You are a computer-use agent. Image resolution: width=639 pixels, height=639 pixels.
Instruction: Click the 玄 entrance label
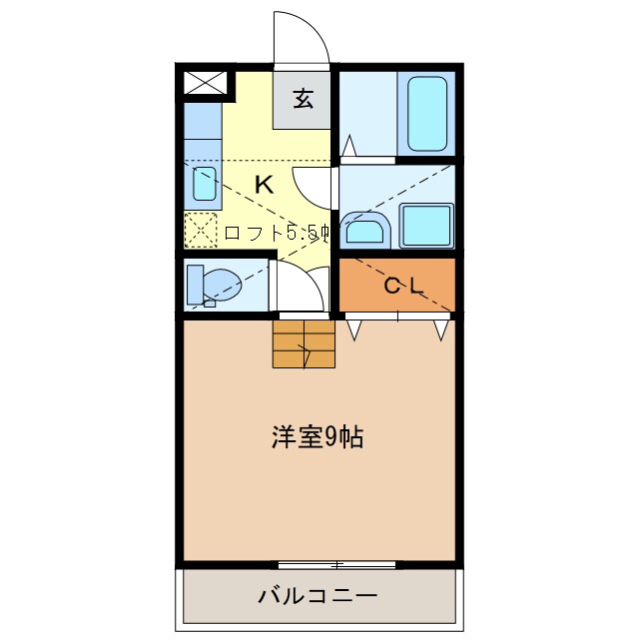(x=303, y=99)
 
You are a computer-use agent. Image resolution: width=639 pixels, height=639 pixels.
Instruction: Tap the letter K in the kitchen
(x=264, y=185)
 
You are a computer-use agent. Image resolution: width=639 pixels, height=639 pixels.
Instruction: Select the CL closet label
(x=404, y=286)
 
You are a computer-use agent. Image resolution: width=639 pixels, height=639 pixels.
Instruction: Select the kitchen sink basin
(x=204, y=184)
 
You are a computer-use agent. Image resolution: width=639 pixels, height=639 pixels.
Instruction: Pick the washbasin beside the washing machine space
(x=362, y=231)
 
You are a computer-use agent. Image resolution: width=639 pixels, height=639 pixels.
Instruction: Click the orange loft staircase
(x=303, y=343)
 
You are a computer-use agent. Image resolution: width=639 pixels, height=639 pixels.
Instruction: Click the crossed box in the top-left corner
(x=204, y=84)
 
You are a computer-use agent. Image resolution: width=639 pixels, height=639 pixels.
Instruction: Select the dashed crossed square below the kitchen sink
(x=201, y=231)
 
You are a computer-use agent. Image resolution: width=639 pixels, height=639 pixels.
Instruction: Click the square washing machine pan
(x=426, y=227)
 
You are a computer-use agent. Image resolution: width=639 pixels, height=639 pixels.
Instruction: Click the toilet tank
(x=194, y=283)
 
